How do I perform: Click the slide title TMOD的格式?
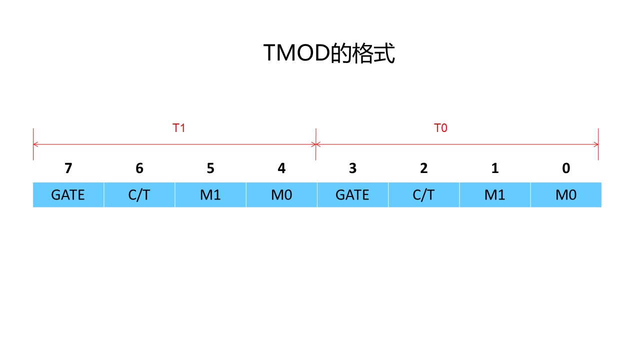click(x=329, y=53)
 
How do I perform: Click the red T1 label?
click(x=179, y=128)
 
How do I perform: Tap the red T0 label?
click(x=440, y=128)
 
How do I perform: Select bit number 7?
click(x=68, y=168)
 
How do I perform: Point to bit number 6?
click(x=139, y=168)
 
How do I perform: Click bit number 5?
click(x=210, y=168)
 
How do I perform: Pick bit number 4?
click(x=281, y=168)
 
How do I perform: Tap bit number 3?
click(x=352, y=168)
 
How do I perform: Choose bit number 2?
click(x=424, y=168)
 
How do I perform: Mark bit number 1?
click(x=495, y=168)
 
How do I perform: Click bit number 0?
click(x=566, y=168)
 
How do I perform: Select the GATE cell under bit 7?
click(x=68, y=194)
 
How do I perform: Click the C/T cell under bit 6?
click(x=139, y=194)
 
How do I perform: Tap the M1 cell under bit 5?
click(x=210, y=194)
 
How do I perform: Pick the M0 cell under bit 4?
click(x=281, y=194)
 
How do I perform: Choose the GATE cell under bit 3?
click(x=352, y=194)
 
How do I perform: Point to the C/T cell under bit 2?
click(x=424, y=194)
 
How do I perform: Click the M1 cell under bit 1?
click(x=495, y=194)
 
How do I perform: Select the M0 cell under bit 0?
click(x=566, y=194)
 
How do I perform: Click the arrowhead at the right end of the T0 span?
click(x=595, y=144)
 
